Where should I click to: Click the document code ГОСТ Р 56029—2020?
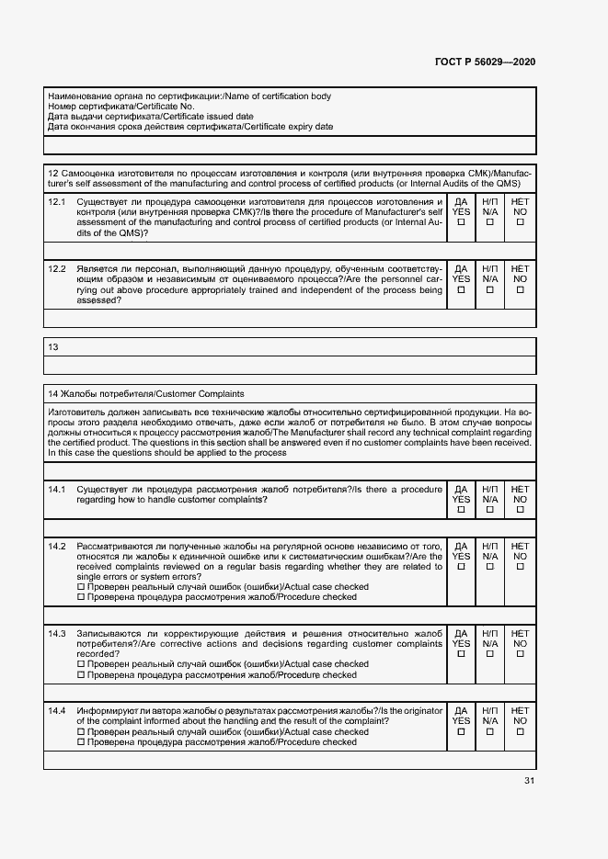click(484, 62)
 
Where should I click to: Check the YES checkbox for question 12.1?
click(462, 222)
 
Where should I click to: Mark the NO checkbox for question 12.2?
click(520, 290)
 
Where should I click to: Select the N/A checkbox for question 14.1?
click(490, 510)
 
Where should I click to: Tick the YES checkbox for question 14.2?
click(462, 567)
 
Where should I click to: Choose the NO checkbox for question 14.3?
click(520, 654)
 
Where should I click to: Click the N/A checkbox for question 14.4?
click(490, 732)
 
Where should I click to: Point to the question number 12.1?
click(57, 201)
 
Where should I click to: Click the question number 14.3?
click(57, 634)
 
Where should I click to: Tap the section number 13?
click(52, 347)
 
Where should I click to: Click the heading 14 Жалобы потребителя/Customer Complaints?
click(146, 394)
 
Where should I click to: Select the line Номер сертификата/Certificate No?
click(120, 107)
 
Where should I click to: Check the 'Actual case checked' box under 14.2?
click(81, 587)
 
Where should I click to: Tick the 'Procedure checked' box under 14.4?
click(81, 742)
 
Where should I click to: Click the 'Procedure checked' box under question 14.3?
click(81, 675)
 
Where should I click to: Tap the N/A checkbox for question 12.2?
click(490, 290)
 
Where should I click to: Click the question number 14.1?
click(57, 490)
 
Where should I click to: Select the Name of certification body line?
click(189, 96)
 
